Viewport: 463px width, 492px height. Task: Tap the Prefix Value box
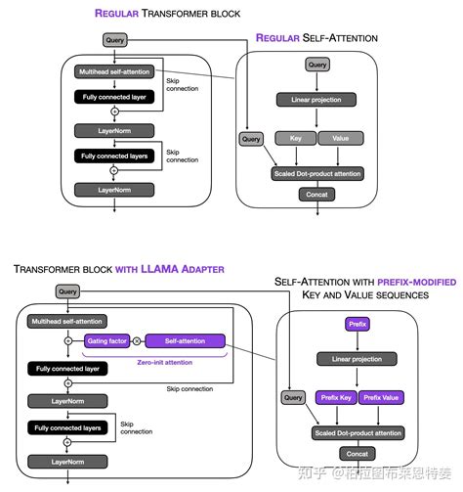(382, 397)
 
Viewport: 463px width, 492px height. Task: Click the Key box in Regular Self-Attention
(296, 138)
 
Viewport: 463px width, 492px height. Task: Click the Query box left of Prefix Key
(292, 397)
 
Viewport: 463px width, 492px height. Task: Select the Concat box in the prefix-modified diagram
(358, 454)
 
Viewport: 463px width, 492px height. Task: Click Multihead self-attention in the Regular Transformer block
(113, 72)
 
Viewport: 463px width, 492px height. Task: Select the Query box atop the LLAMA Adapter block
(67, 291)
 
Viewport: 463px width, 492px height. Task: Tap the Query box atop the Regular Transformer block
(113, 41)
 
